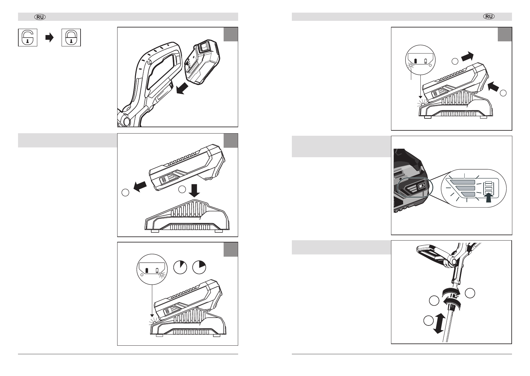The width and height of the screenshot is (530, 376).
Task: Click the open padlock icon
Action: [27, 38]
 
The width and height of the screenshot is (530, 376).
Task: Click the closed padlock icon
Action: [71, 38]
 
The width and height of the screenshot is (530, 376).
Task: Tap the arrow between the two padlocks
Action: [50, 38]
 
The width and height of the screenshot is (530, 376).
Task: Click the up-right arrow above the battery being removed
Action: [467, 57]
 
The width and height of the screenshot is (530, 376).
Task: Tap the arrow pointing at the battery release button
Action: [493, 86]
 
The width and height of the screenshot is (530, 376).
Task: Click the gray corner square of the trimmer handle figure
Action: [231, 34]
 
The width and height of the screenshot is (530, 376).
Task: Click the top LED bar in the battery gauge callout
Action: [463, 182]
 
